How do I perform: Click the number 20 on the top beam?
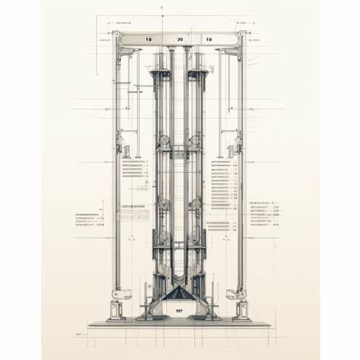click(x=179, y=39)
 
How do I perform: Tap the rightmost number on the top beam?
click(x=209, y=39)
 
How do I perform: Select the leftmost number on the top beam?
click(x=148, y=39)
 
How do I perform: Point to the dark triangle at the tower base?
click(x=177, y=294)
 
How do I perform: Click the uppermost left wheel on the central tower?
click(x=165, y=140)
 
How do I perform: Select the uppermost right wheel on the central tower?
click(x=194, y=140)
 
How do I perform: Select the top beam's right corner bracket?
click(x=232, y=50)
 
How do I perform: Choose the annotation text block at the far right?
click(x=264, y=215)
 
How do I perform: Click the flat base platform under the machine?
click(x=179, y=324)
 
